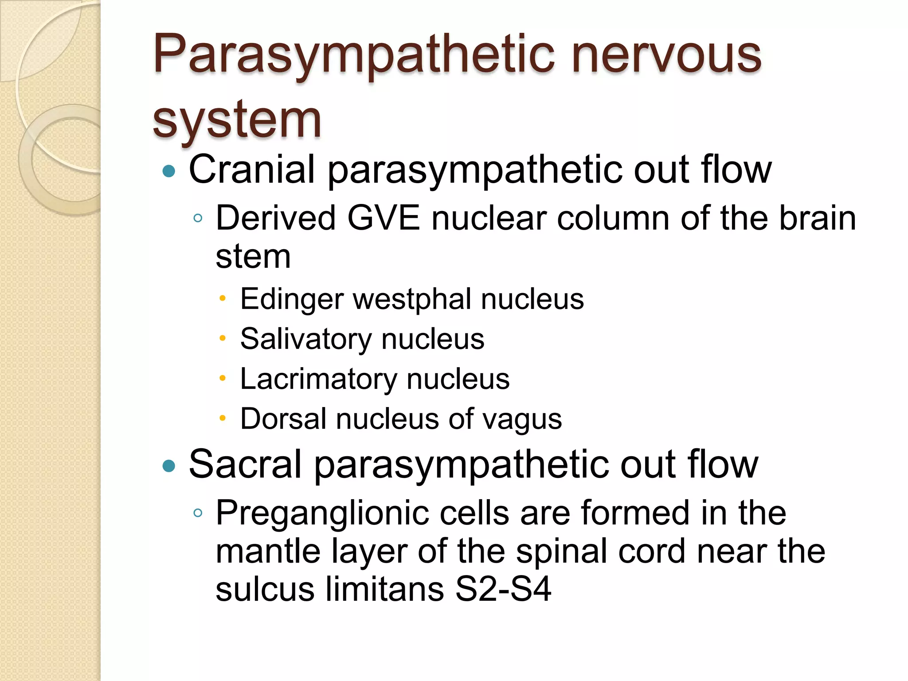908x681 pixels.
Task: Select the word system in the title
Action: pyautogui.click(x=237, y=119)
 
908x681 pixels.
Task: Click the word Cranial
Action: pyautogui.click(x=252, y=169)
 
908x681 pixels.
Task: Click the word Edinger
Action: pyautogui.click(x=292, y=299)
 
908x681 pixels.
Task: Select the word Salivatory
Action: pyautogui.click(x=306, y=339)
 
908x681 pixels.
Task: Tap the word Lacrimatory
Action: pyautogui.click(x=318, y=379)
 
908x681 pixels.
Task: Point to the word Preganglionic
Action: pyautogui.click(x=321, y=513)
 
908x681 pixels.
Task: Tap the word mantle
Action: pyautogui.click(x=268, y=551)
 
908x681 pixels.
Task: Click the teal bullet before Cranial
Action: pyautogui.click(x=169, y=171)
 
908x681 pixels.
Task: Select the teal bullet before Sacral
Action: pyautogui.click(x=169, y=466)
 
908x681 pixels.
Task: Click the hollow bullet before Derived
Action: pyautogui.click(x=198, y=218)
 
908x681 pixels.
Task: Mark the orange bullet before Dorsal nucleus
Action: pyautogui.click(x=223, y=418)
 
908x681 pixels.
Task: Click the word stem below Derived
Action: pyautogui.click(x=253, y=257)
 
